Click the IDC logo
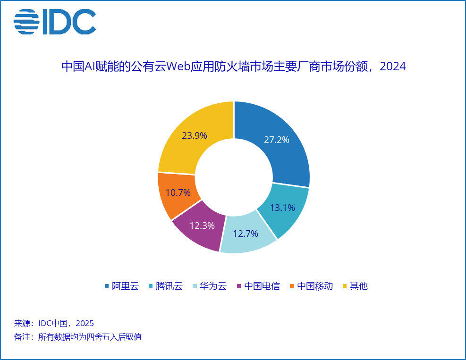tap(55, 22)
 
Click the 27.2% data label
tap(276, 140)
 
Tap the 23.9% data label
tap(195, 136)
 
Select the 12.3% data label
tap(202, 226)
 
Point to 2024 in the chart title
tap(393, 67)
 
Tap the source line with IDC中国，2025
tap(54, 324)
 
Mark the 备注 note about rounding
tap(78, 337)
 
